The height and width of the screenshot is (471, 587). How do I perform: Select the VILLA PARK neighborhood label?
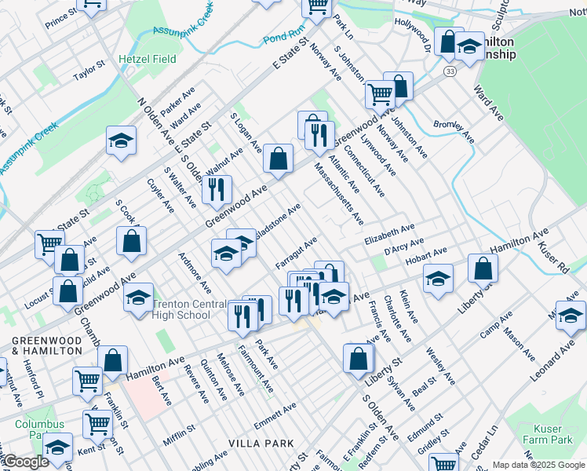(x=261, y=444)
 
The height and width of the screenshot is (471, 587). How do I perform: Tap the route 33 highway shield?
(x=448, y=71)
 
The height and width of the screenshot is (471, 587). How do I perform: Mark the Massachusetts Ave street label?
(x=339, y=192)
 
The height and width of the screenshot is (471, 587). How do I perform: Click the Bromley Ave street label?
(x=454, y=130)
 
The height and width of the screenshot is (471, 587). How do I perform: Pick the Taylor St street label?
(x=89, y=72)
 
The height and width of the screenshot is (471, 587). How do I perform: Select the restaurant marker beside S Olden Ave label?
(x=217, y=189)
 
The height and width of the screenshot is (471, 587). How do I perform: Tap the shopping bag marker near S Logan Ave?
(x=278, y=158)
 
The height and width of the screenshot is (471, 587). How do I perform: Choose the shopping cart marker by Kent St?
(x=98, y=424)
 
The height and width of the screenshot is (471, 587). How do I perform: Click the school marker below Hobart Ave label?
(x=438, y=278)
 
